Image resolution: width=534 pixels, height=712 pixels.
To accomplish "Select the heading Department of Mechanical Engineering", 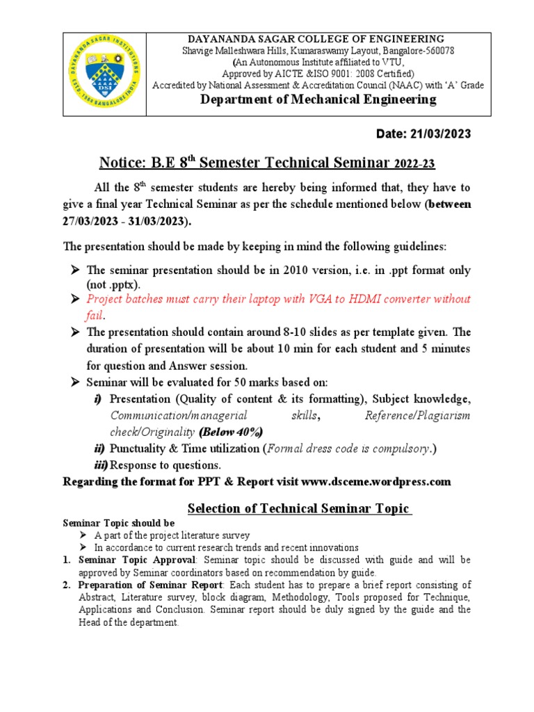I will click(318, 99).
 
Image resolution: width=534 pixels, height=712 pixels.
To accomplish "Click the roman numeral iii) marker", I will click(101, 465).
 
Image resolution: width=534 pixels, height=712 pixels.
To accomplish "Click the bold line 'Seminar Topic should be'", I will click(120, 523).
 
